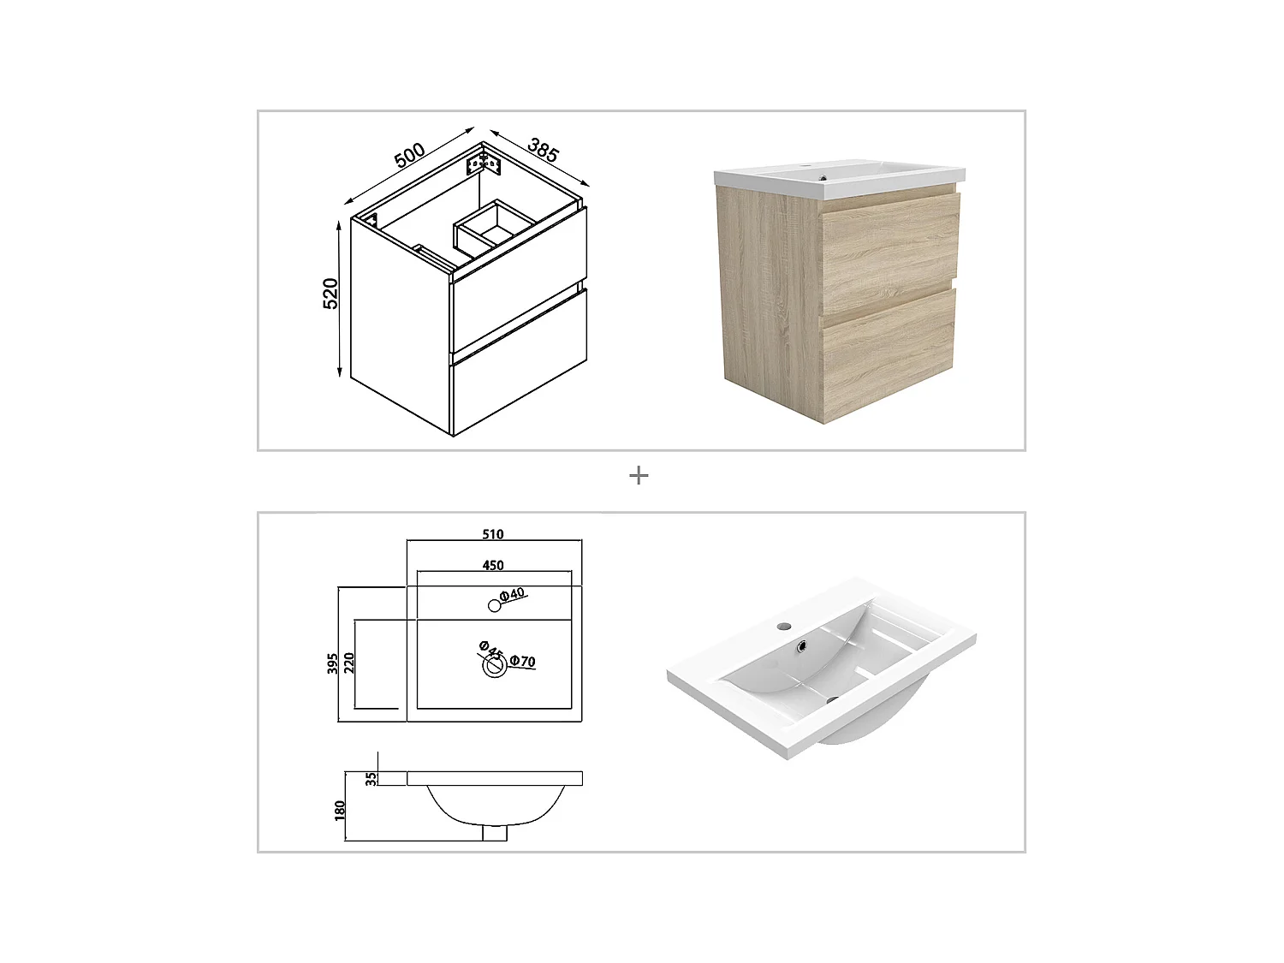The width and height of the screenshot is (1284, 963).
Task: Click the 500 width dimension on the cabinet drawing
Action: [x=410, y=155]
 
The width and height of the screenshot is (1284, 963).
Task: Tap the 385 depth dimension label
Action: [x=543, y=150]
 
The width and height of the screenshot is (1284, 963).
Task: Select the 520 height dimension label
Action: [x=331, y=294]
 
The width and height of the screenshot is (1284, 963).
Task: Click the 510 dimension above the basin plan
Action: [x=493, y=534]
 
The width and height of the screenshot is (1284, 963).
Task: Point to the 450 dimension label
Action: [x=493, y=565]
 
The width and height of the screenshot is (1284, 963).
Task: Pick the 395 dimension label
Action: [x=332, y=663]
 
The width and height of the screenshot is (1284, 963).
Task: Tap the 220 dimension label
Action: [x=349, y=663]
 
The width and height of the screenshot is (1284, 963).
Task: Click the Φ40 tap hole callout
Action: [x=512, y=593]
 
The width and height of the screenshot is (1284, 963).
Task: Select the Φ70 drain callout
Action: [x=522, y=661]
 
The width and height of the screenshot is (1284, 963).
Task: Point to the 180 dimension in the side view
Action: [x=340, y=810]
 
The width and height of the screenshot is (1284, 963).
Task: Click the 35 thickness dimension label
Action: [x=370, y=779]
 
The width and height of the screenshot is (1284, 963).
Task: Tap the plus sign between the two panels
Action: [x=639, y=475]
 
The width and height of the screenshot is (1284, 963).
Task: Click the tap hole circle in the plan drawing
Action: [x=494, y=605]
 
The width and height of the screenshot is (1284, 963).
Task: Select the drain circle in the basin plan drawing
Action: [x=494, y=667]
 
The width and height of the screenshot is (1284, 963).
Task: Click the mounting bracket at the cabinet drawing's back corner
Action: [x=482, y=162]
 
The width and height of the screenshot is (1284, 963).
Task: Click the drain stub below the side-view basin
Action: [x=495, y=832]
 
